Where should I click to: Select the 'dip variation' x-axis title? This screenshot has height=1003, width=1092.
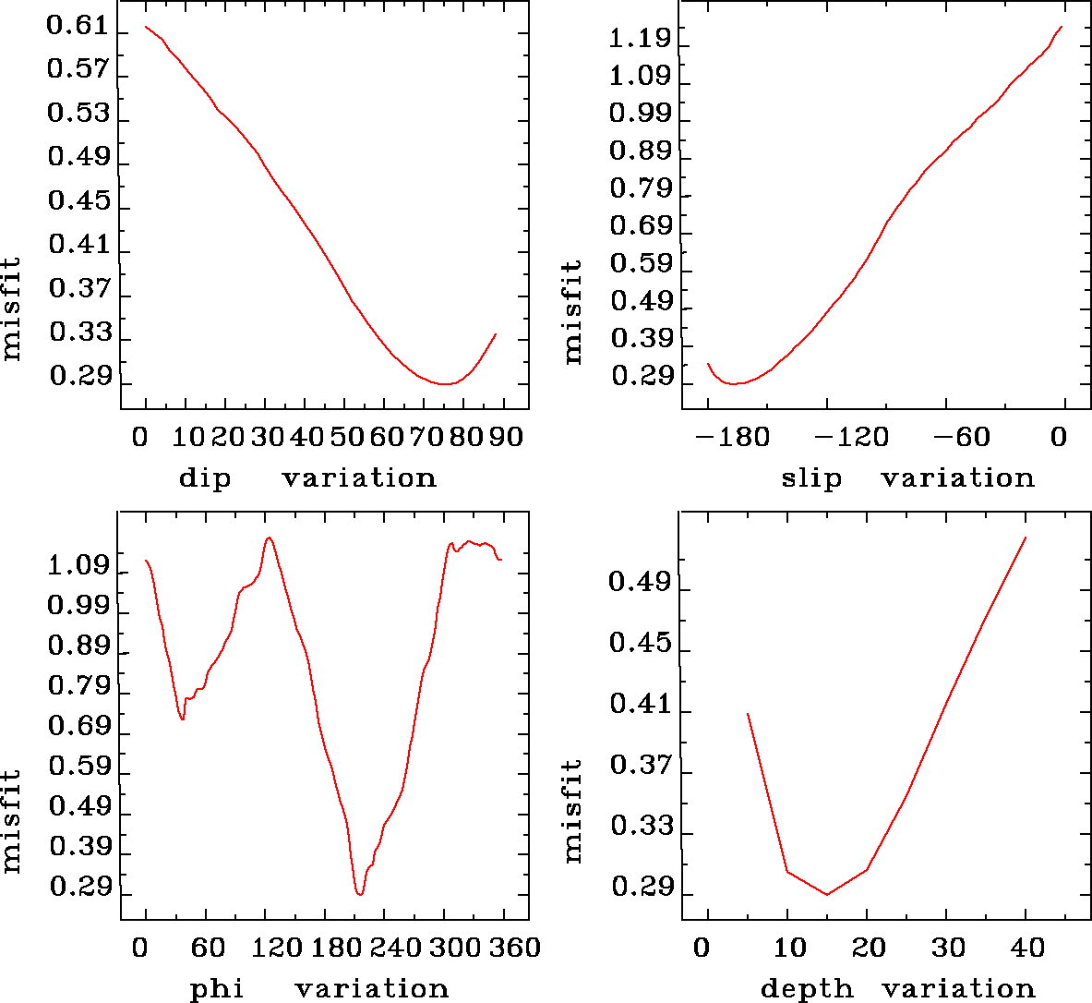click(307, 478)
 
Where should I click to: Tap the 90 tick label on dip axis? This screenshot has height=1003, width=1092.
click(505, 436)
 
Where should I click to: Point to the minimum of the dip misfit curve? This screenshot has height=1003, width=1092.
click(445, 383)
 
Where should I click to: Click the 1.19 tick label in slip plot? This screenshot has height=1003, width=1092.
click(640, 39)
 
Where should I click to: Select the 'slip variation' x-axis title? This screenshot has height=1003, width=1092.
click(908, 478)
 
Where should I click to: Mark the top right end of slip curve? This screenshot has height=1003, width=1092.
click(1062, 27)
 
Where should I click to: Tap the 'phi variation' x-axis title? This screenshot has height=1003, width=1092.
click(319, 989)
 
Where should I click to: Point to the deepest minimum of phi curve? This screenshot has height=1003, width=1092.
click(359, 894)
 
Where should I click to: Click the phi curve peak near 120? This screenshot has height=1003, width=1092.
click(268, 538)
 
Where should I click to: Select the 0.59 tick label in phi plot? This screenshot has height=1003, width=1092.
click(78, 767)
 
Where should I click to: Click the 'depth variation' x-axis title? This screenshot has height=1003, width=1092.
click(897, 989)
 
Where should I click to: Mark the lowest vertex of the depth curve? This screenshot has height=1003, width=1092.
click(827, 894)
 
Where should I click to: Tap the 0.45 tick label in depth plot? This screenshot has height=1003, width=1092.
click(640, 642)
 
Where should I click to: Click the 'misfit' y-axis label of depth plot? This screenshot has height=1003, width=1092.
click(573, 811)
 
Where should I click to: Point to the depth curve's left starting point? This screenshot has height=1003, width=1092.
click(748, 714)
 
